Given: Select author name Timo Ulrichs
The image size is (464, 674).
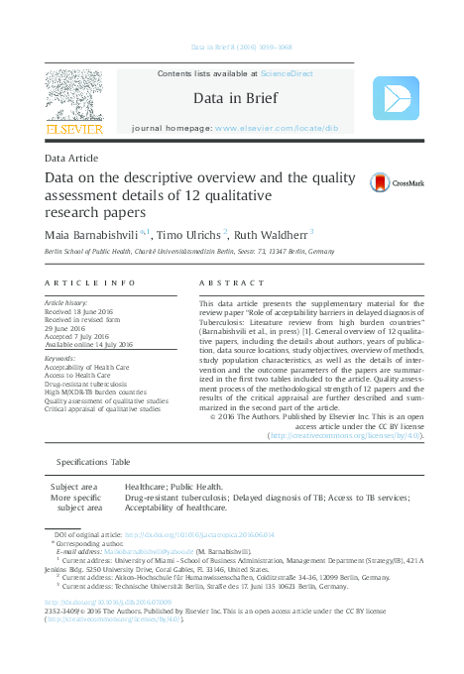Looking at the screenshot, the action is coord(189,233).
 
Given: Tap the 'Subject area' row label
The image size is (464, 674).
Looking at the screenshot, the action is coord(74,488).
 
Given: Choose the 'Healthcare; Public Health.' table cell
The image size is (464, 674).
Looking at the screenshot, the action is coord(174,488).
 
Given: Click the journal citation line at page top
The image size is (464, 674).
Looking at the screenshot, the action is coord(232,47).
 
